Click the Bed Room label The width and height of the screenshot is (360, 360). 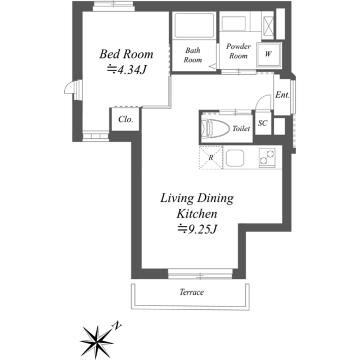[126, 54]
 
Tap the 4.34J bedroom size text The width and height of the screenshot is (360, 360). [127, 70]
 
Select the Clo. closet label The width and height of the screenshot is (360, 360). [125, 119]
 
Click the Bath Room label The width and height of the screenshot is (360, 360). [192, 55]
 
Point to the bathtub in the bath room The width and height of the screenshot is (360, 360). [194, 25]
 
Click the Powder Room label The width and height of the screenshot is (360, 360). [238, 51]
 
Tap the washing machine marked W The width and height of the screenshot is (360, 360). [268, 54]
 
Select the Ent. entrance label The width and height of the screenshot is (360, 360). [282, 94]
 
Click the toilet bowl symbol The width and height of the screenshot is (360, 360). [215, 128]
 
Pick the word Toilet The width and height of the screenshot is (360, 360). [241, 129]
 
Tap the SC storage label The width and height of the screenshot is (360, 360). [263, 123]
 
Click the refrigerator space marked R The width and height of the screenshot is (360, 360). [211, 157]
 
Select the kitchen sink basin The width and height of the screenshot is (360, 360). [235, 158]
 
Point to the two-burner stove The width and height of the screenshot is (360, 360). [267, 157]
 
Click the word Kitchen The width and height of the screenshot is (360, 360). [197, 214]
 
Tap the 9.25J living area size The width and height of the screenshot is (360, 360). [197, 229]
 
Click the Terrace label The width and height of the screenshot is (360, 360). [191, 292]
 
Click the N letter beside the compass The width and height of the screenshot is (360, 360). [116, 326]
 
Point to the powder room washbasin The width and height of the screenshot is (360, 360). [233, 23]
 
